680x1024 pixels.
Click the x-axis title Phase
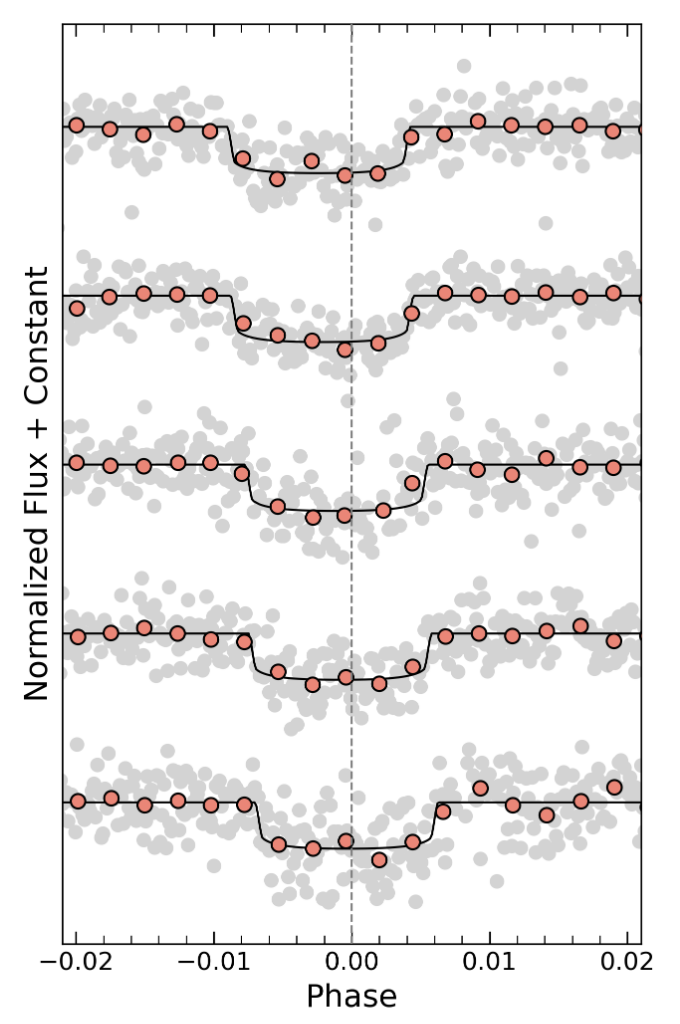pos(351,996)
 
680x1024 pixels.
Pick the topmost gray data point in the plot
pos(463,66)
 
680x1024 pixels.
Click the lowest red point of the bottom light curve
pos(379,859)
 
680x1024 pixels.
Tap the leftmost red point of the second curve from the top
pos(77,308)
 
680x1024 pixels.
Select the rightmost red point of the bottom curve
pos(614,787)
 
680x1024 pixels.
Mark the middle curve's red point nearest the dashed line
pos(345,515)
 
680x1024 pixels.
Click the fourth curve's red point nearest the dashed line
pos(346,677)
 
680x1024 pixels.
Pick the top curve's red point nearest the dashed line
pos(345,175)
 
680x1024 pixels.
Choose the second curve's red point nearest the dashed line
pos(345,349)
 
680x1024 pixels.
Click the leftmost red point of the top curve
pos(76,125)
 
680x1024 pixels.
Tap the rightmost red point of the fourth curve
pos(614,640)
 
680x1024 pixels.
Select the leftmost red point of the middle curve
pos(77,465)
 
